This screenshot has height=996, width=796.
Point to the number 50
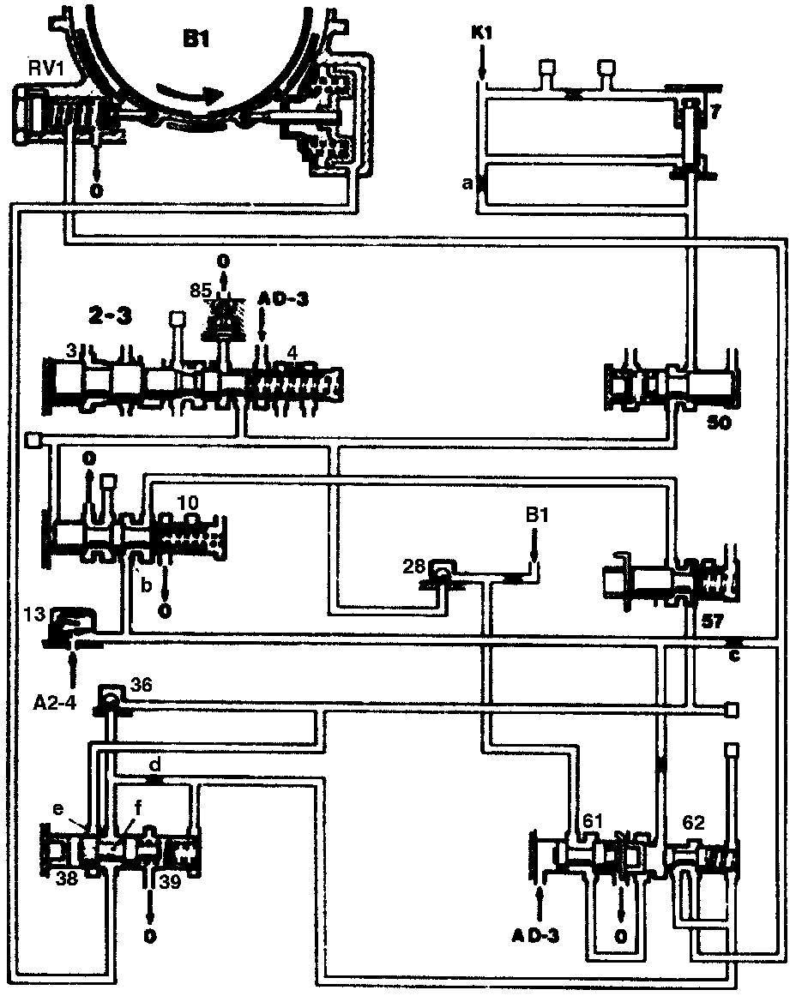[x=719, y=423]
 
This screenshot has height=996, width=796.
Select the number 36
[x=141, y=683]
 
